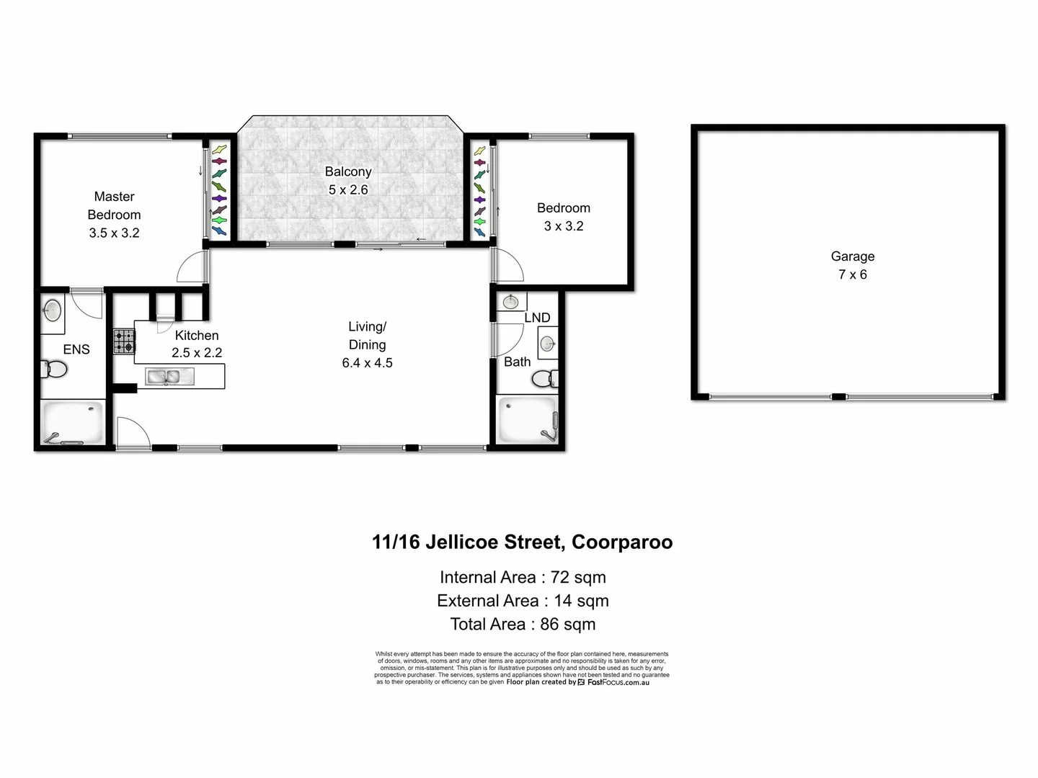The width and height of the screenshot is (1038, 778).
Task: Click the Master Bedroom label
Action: tap(114, 214)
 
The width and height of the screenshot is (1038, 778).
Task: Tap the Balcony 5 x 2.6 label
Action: tap(348, 180)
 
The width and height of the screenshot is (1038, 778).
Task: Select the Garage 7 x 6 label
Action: tap(852, 265)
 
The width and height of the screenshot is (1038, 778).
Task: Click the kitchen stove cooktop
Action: tap(123, 341)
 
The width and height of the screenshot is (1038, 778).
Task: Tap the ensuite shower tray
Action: tap(74, 424)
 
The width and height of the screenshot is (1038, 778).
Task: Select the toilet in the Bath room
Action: tap(551, 377)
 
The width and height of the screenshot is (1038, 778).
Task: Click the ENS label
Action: tap(76, 349)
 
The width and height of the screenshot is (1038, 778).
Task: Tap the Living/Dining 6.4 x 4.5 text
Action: tap(367, 345)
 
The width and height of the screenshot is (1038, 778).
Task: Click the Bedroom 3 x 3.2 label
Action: tap(563, 217)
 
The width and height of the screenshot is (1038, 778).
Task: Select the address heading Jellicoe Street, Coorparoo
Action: tap(522, 542)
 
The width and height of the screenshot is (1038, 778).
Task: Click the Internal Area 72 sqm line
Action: tap(522, 577)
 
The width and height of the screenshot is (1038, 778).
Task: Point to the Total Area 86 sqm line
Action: tap(522, 624)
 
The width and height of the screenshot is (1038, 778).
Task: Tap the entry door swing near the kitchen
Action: tap(132, 432)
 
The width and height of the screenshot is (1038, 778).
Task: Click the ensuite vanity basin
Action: tap(52, 310)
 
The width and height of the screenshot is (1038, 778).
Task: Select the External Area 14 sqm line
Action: tap(522, 601)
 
